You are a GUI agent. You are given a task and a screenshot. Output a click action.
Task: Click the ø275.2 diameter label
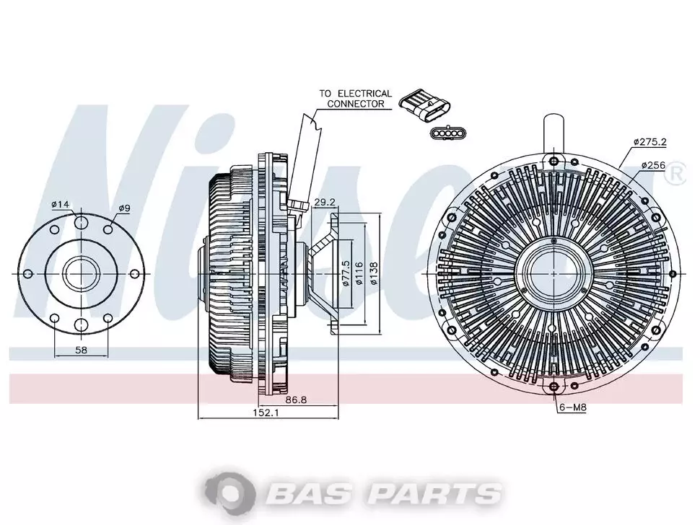tap(649, 142)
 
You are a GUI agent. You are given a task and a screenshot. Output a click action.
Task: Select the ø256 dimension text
tap(653, 165)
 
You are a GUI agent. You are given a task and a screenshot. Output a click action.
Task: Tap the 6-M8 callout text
tap(573, 407)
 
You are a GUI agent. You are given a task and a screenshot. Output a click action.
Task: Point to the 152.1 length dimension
tap(266, 413)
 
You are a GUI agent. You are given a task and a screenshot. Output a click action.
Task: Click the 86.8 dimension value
tap(296, 400)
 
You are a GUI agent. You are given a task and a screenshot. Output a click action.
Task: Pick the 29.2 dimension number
tap(325, 202)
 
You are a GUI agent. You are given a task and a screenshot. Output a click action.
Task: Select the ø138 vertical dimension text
tap(373, 273)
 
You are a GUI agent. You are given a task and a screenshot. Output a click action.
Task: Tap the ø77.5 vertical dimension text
tap(345, 273)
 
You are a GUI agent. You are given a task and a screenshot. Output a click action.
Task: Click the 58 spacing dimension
tap(81, 350)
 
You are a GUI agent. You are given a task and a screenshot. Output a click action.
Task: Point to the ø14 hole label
tap(61, 204)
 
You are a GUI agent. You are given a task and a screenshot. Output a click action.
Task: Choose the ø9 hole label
tap(124, 208)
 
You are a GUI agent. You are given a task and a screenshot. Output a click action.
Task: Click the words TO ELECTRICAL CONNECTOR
tap(355, 99)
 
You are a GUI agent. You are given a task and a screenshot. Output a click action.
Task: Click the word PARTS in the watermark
tap(436, 493)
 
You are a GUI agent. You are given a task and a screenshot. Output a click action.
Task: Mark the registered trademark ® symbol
tap(675, 174)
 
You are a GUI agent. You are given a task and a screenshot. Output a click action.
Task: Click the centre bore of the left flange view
tap(81, 273)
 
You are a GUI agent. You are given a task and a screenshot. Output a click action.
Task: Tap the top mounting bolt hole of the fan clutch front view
tap(554, 161)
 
